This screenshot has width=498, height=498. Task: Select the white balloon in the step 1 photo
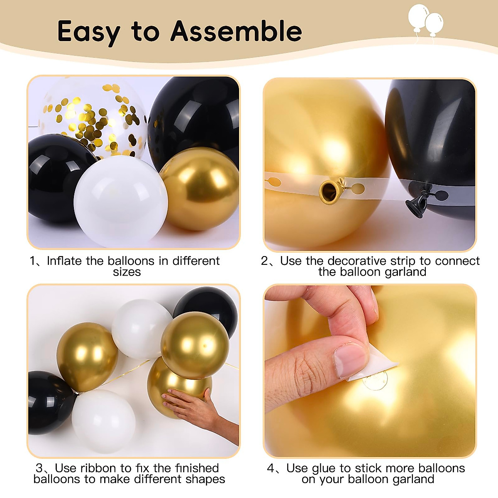120,201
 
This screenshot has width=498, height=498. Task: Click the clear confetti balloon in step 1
93,116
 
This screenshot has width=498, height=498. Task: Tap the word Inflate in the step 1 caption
64,261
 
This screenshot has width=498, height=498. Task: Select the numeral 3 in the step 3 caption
39,468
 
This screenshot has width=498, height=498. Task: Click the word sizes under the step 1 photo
127,272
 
